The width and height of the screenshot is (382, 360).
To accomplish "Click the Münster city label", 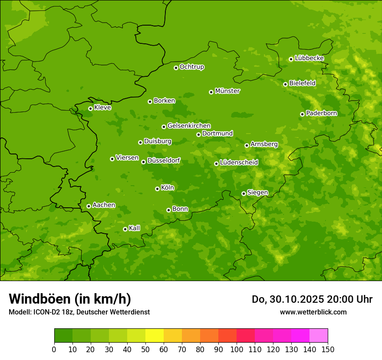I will [x=227, y=91].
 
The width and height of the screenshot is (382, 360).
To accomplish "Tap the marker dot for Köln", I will [x=157, y=189].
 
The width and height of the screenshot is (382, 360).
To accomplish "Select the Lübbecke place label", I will [x=309, y=58].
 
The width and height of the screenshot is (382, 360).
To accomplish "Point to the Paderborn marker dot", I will [x=302, y=114].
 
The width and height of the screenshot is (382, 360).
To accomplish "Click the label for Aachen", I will [x=104, y=205].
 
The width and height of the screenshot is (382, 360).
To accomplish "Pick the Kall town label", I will [x=135, y=228].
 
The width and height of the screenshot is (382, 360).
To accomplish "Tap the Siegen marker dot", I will [x=244, y=193].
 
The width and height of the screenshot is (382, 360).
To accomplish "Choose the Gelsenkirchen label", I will [x=189, y=126].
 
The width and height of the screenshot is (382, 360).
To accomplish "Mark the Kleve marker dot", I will [x=90, y=108].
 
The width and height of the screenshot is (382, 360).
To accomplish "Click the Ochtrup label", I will [x=191, y=67].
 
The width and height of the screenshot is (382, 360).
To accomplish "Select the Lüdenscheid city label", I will [x=239, y=163].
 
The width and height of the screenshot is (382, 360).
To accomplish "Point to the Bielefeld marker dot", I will [x=285, y=84].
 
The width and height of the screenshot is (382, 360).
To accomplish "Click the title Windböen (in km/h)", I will [x=70, y=299].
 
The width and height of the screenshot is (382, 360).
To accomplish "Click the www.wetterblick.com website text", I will [x=313, y=312].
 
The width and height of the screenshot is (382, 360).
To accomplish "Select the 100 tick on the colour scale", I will [x=237, y=349].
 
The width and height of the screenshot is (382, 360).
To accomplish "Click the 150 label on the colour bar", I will [x=327, y=349].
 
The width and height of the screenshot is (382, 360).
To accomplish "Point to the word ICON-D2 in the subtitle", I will [x=46, y=312].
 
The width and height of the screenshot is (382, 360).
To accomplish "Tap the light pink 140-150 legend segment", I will [x=319, y=336].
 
